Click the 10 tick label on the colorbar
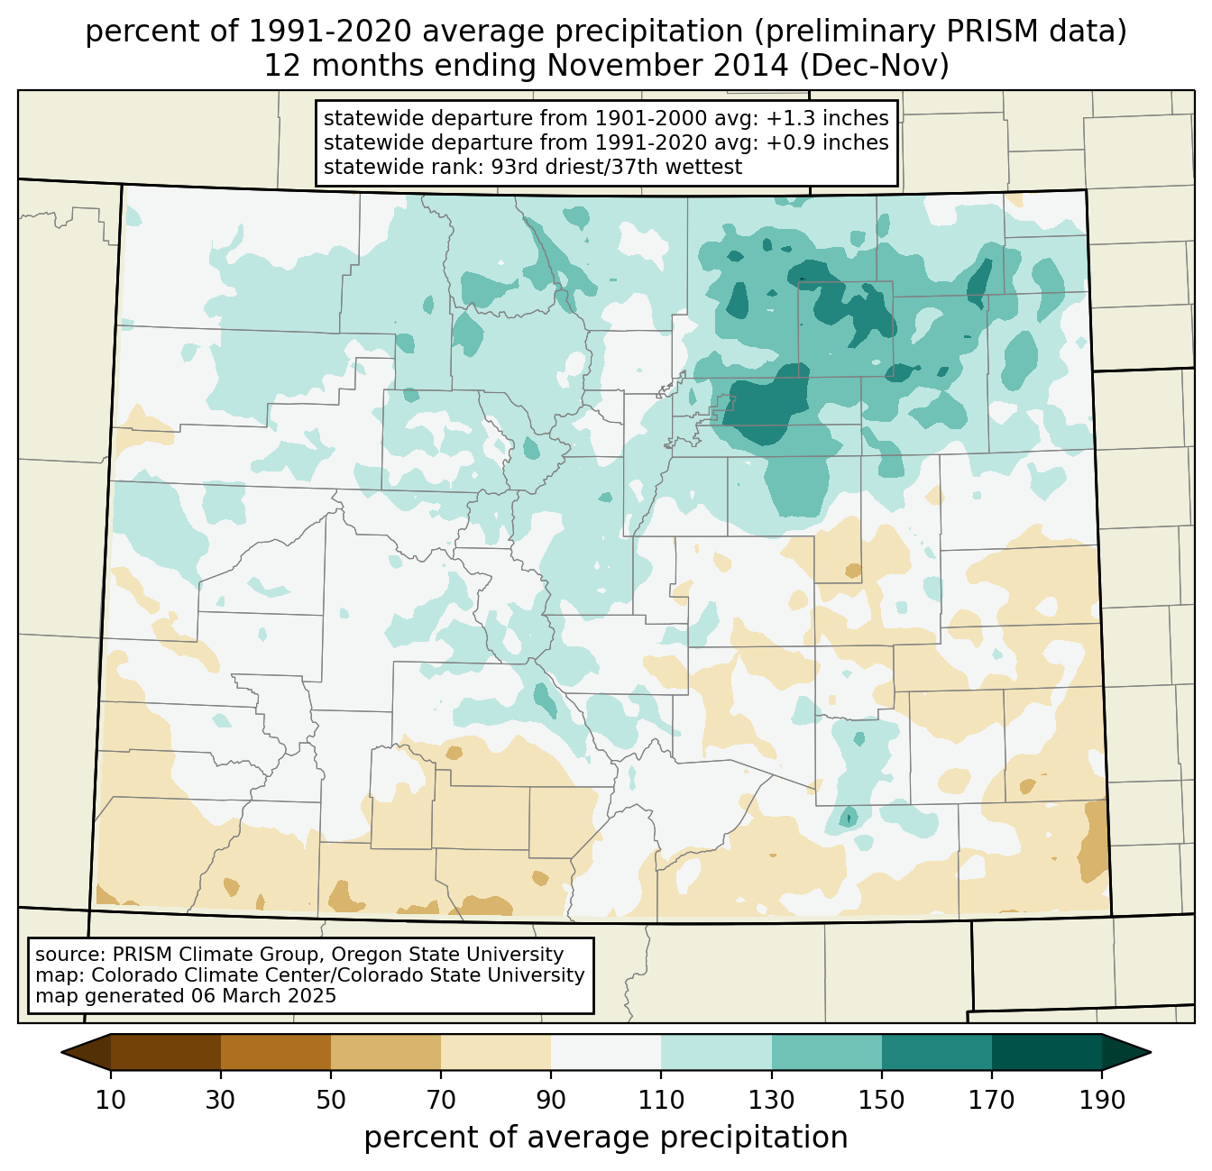[x=110, y=1101]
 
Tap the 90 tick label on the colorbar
[x=551, y=1101]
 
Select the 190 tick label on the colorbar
[x=1102, y=1101]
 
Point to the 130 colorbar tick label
[x=772, y=1101]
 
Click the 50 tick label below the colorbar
[x=331, y=1101]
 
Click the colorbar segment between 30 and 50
[x=276, y=1052]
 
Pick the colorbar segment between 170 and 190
[x=1047, y=1052]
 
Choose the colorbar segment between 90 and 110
[x=606, y=1052]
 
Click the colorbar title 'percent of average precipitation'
[x=606, y=1138]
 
